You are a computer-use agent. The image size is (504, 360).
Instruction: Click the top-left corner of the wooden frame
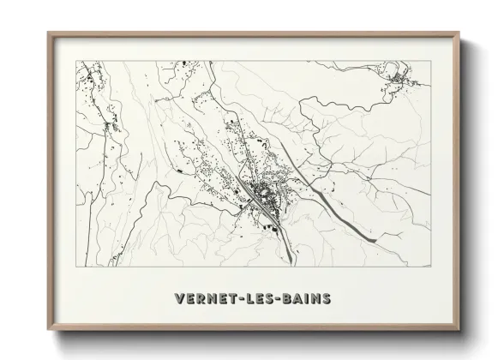(x=48, y=33)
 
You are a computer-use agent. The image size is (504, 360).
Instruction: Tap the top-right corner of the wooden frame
(x=459, y=33)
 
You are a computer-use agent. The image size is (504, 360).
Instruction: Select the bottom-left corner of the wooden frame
(x=48, y=331)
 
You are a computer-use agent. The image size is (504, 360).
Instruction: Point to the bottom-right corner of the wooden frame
(x=459, y=331)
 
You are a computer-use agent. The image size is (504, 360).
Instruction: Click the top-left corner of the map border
(x=76, y=60)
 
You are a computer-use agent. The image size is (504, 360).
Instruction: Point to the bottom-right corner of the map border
(x=431, y=267)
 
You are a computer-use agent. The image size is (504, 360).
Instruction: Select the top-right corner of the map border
(x=431, y=60)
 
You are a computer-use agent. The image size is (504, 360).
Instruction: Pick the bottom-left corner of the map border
(x=76, y=267)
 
